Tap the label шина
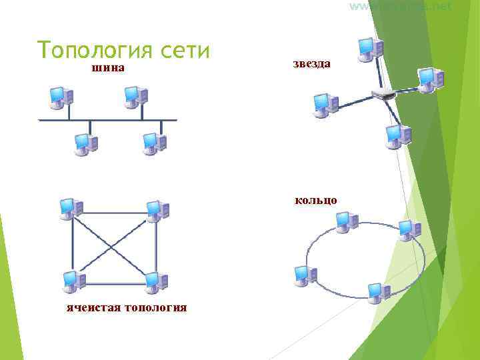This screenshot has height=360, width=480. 109,68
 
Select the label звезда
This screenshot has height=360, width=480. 311,63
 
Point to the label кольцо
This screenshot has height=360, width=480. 316,200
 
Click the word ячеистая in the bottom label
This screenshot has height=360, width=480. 93,308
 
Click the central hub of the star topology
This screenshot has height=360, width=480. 384,93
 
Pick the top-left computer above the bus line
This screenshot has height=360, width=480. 61,97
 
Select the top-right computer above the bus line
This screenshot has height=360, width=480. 136,97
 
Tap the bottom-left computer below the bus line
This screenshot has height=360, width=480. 86,143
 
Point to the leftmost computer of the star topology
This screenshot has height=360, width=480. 325,105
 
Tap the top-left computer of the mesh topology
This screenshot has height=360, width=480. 70,209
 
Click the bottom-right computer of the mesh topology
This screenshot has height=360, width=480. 155,283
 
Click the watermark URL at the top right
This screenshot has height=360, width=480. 400,6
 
